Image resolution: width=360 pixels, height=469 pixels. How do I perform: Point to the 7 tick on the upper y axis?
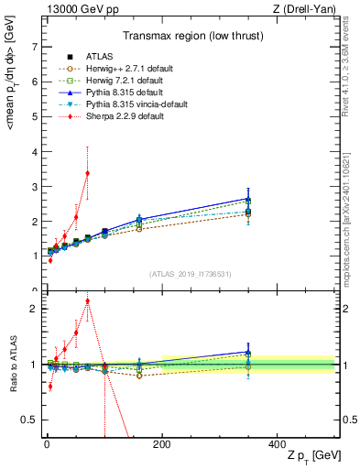[35, 46]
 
